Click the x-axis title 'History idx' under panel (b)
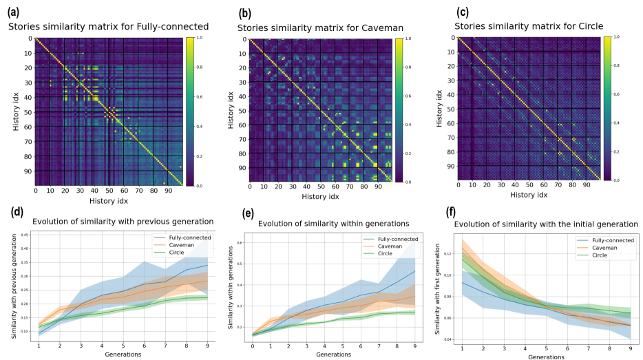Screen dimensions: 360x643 coord(321,198)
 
